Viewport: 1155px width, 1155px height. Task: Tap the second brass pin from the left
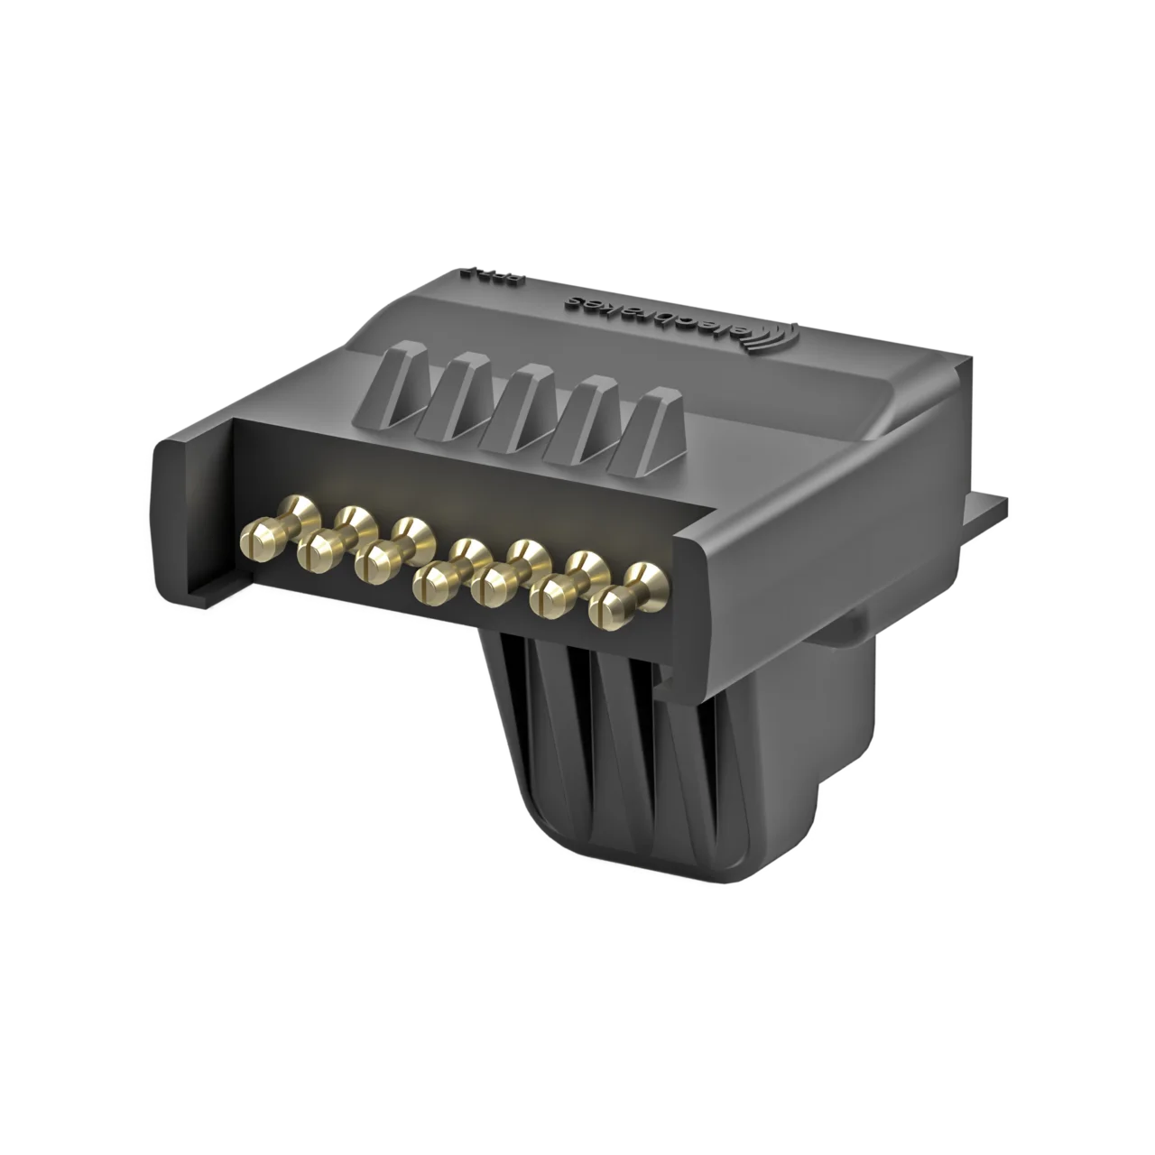point(315,548)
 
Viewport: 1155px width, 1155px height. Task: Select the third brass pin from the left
point(373,564)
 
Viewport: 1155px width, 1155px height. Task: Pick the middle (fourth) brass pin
point(431,580)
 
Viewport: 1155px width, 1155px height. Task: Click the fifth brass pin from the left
point(489,584)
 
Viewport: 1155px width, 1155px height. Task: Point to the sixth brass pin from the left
point(548,596)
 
